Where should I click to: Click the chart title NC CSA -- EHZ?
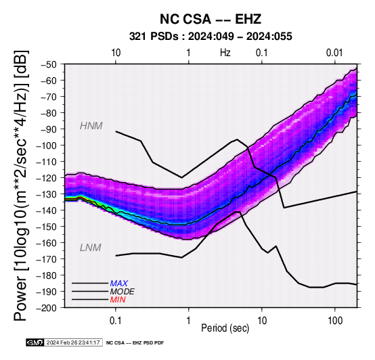click(211, 19)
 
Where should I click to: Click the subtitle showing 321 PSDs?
click(211, 37)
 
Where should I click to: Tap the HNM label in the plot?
click(91, 126)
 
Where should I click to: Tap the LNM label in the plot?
click(91, 248)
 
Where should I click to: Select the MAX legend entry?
click(119, 284)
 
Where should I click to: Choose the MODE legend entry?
click(123, 292)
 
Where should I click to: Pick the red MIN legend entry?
click(118, 300)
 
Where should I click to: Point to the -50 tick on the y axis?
click(49, 64)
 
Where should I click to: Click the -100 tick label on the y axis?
click(47, 145)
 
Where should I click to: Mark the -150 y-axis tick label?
click(47, 227)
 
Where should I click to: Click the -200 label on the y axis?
click(47, 308)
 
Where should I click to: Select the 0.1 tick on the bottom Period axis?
click(116, 321)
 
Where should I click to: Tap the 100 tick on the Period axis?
click(335, 321)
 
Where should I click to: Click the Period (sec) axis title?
click(225, 328)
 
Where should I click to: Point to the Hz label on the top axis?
click(225, 53)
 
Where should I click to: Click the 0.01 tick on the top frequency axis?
click(334, 53)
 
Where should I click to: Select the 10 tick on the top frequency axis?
click(116, 53)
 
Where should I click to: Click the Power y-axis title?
click(20, 185)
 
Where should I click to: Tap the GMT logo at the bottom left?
click(35, 342)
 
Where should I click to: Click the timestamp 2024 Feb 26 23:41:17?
click(73, 342)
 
